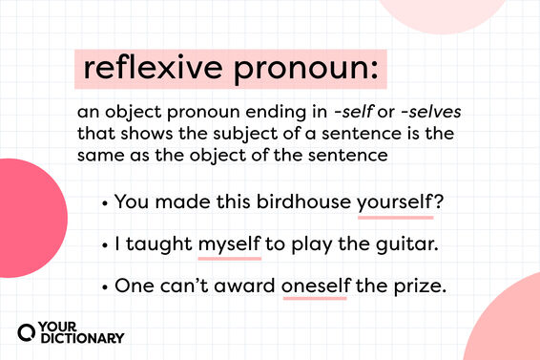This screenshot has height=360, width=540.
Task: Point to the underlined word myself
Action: (229, 244)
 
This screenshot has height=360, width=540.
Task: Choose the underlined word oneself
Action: (314, 286)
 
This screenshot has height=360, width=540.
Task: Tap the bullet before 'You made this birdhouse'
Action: (103, 202)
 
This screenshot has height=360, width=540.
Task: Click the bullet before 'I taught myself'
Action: (103, 244)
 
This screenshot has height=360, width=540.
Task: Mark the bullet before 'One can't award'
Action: (103, 286)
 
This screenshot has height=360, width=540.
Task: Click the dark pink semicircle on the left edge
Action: (29, 218)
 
